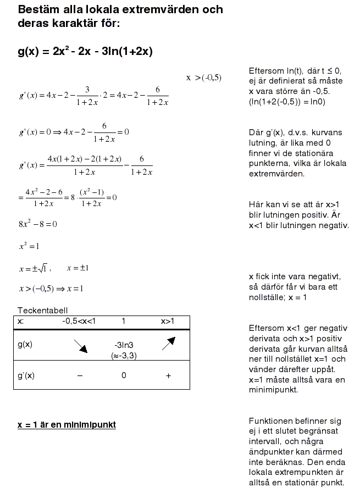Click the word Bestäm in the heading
click(36, 10)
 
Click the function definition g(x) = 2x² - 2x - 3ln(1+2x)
click(85, 52)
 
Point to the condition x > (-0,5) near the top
click(204, 78)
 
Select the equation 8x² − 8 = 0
click(38, 224)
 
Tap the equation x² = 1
click(30, 246)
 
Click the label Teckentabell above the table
click(43, 311)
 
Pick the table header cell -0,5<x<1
click(79, 321)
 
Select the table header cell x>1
click(167, 321)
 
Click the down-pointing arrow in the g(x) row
click(80, 345)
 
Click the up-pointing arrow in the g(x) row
click(168, 344)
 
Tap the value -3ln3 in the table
click(124, 345)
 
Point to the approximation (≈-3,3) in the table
click(124, 355)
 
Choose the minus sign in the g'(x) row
click(80, 376)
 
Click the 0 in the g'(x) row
click(124, 376)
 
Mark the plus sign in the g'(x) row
click(168, 376)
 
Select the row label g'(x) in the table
click(26, 376)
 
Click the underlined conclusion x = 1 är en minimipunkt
click(67, 425)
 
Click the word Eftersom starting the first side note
click(266, 71)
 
